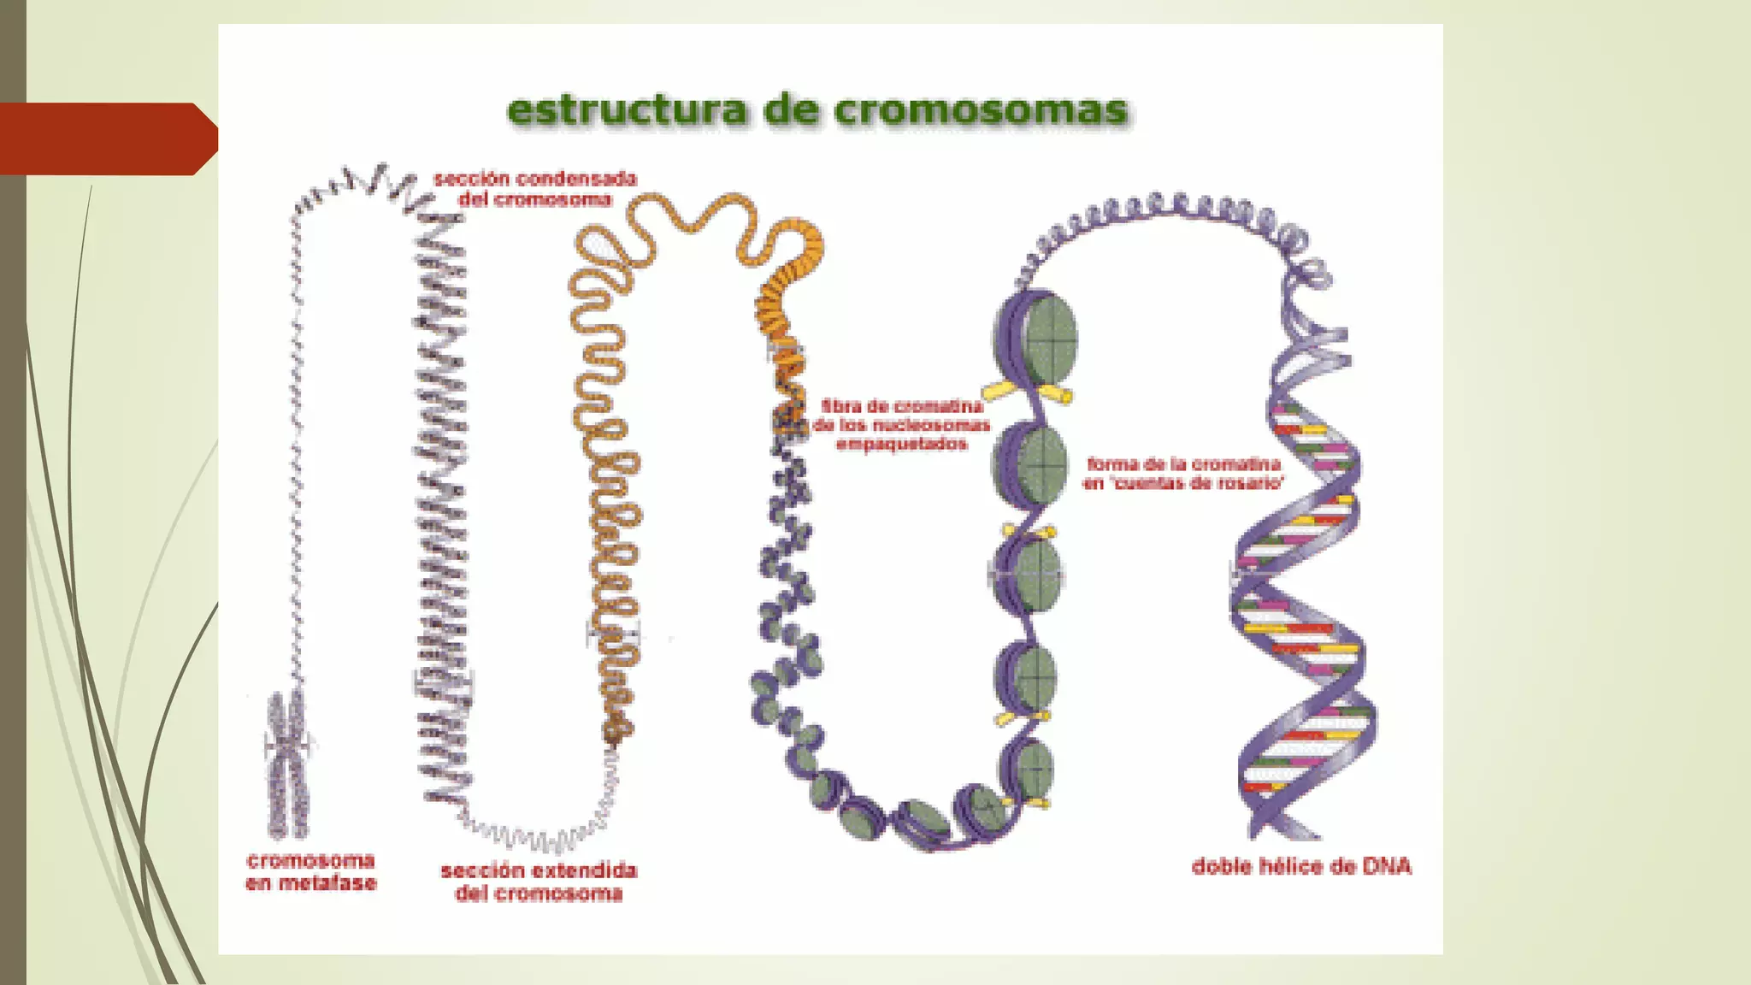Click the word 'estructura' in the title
click(626, 111)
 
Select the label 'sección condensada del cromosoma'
click(535, 189)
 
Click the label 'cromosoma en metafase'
click(311, 872)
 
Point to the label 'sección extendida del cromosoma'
click(539, 882)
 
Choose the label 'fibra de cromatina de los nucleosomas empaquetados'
click(902, 425)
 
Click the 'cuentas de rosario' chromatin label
click(1184, 474)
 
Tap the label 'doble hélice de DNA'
click(1301, 867)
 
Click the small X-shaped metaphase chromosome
click(286, 764)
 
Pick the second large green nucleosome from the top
click(1035, 466)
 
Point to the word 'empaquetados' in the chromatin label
click(902, 445)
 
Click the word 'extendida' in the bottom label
click(587, 870)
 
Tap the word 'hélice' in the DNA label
click(1287, 867)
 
